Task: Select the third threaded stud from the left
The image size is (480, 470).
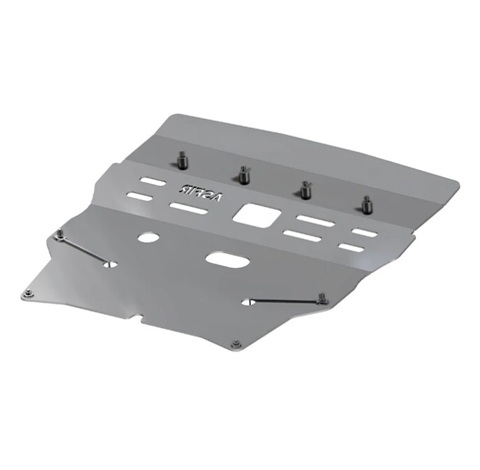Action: pos(305,189)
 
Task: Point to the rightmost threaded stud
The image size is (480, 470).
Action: pos(365,204)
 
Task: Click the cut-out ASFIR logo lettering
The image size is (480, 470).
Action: pos(201,192)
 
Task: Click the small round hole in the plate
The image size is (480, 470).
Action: pos(147,237)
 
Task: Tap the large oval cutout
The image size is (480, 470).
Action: pos(227,261)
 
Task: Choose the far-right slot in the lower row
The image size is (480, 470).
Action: pos(350,248)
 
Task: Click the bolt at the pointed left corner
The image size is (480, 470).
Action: pos(27,294)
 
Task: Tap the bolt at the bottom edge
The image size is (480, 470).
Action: pos(235,344)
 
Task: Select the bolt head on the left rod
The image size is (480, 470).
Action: pos(61,234)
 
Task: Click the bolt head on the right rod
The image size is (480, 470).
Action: pos(321,299)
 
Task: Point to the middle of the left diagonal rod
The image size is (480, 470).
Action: pos(85,250)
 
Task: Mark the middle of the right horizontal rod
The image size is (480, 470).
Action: pos(285,301)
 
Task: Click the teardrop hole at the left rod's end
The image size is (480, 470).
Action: pos(110,265)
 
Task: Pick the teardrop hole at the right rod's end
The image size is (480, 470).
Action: pos(247,302)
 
